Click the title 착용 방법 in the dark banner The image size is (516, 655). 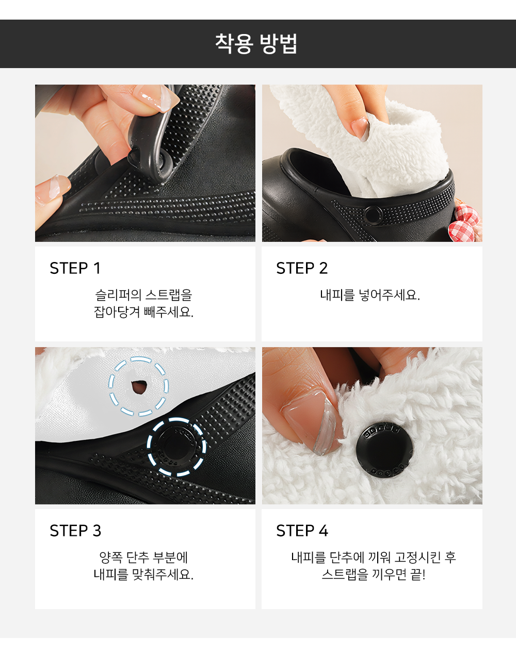point(256,44)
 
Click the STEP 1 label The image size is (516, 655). point(75,268)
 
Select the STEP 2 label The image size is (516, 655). point(302,268)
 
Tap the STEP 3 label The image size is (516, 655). point(75,531)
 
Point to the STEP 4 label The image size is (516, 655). point(302,531)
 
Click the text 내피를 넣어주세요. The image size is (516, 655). point(370,295)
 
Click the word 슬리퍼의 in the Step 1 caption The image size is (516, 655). point(118,295)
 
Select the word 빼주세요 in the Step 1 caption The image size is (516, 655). point(168,312)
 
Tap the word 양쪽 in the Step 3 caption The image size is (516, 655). point(110,558)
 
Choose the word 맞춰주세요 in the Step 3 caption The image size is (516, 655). point(163,575)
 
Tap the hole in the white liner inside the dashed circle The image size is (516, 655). point(139,387)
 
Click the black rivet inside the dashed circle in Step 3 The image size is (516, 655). point(176,447)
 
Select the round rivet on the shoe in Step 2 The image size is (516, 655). point(373,216)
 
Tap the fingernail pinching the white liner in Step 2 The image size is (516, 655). point(360,128)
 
